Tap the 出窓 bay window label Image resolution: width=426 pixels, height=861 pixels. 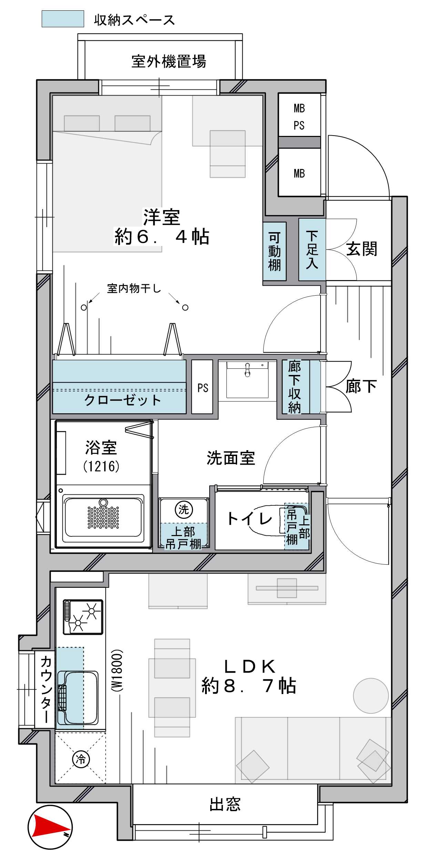click(225, 804)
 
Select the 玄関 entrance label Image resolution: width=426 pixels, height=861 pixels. click(362, 249)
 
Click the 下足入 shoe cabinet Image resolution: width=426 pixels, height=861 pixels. click(312, 249)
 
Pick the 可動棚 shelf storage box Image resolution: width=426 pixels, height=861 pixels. click(274, 251)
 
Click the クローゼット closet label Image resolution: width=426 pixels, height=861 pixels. click(122, 400)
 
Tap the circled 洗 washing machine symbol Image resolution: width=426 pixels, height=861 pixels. click(184, 509)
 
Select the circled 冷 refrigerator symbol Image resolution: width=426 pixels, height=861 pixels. click(81, 759)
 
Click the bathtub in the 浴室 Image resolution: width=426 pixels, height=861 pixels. click(103, 516)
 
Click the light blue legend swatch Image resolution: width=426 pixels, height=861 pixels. click(63, 19)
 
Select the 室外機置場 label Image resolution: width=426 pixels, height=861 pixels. click(169, 61)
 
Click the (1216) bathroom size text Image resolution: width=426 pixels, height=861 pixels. click(101, 466)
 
